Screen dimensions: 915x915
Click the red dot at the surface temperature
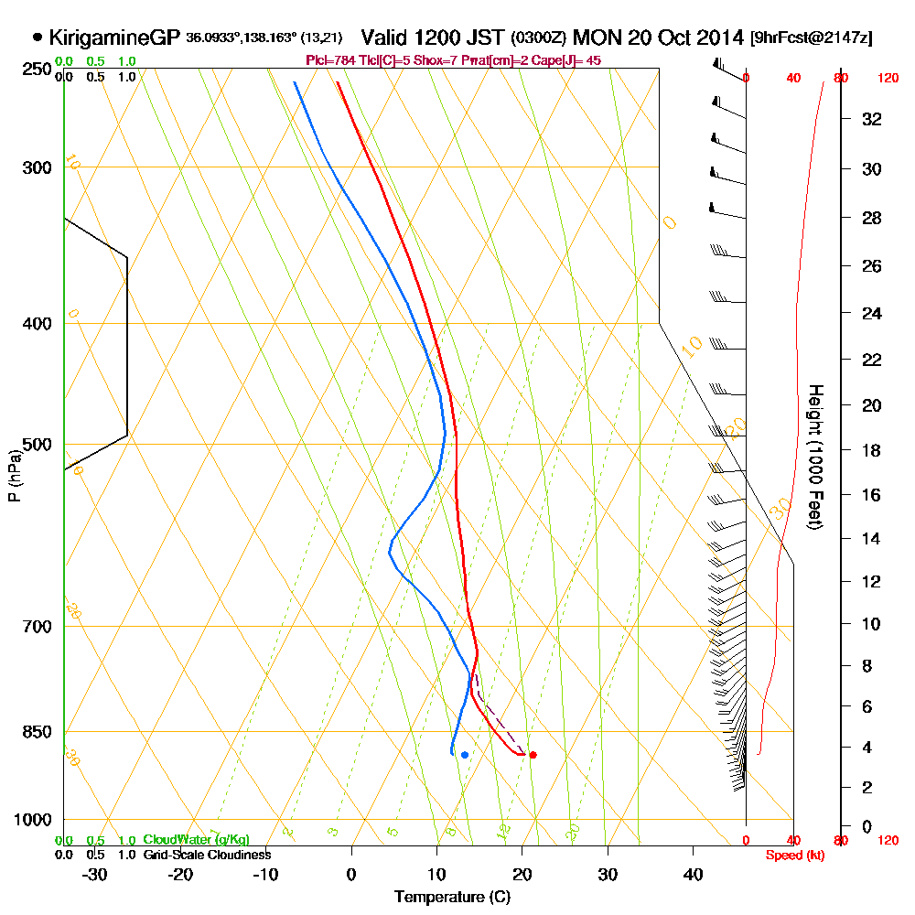point(533,755)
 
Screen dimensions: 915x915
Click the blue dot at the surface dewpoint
point(465,755)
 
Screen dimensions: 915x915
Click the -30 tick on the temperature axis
point(95,874)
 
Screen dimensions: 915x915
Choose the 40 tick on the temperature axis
point(693,874)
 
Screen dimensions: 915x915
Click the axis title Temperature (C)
point(452,897)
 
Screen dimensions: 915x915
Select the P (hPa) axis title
point(14,474)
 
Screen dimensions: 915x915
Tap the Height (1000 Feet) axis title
point(813,457)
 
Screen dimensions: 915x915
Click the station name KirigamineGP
point(114,38)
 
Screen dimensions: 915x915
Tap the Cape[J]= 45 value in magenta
point(576,60)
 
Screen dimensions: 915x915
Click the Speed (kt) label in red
point(792,855)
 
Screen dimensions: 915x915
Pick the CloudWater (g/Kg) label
point(196,840)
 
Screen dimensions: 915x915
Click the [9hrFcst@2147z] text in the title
point(811,38)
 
